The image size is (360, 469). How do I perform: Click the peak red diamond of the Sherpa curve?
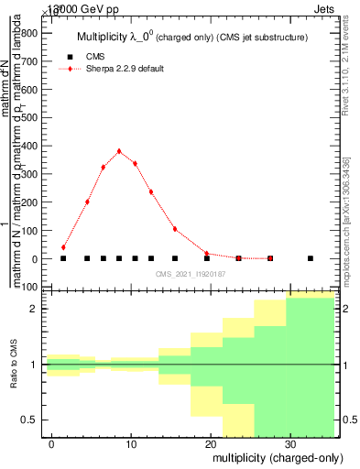pyautogui.click(x=119, y=151)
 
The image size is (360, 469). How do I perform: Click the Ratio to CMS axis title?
pyautogui.click(x=14, y=365)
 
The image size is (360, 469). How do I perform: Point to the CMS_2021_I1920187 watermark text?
pyautogui.click(x=191, y=273)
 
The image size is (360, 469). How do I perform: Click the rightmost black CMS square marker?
pyautogui.click(x=311, y=258)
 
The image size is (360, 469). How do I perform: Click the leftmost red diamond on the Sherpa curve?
pyautogui.click(x=63, y=247)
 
